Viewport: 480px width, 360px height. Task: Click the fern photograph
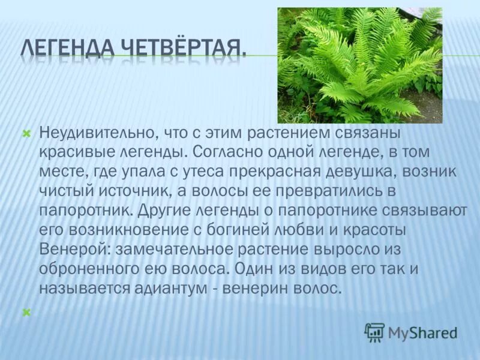tap(359, 65)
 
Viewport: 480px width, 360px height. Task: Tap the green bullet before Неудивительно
tap(26, 133)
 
